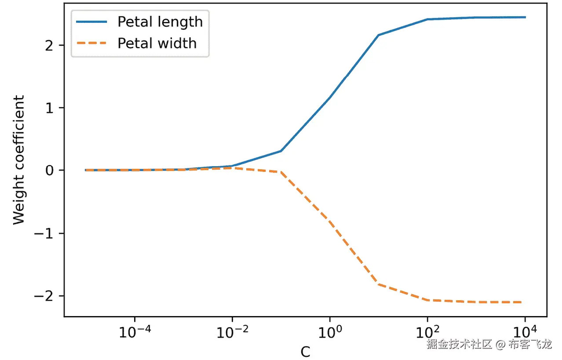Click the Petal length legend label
tap(160, 22)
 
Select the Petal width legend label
tap(157, 43)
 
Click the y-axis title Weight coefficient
tap(18, 160)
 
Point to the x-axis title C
tap(305, 352)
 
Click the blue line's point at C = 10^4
tap(525, 17)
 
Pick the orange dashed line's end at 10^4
tap(525, 302)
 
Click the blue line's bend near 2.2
tap(378, 35)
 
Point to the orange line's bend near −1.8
tap(378, 284)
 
